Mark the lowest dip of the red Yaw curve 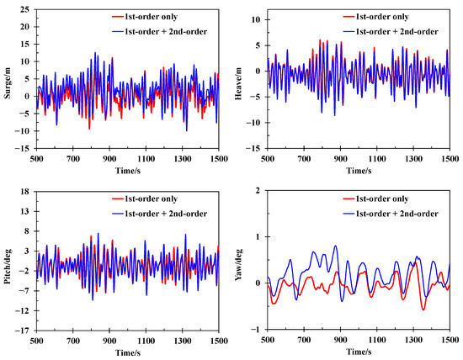click(423, 310)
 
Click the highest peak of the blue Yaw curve click(335, 246)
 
